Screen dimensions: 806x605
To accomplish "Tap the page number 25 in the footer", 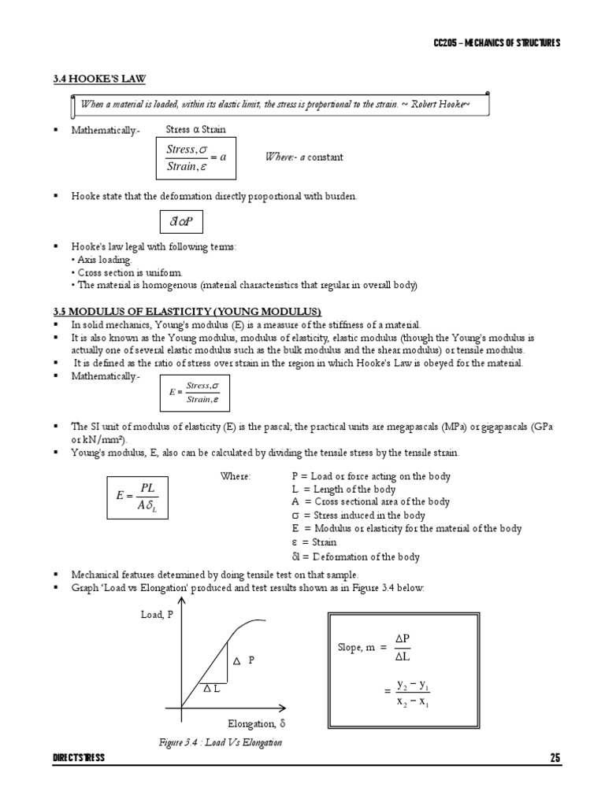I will [555, 758].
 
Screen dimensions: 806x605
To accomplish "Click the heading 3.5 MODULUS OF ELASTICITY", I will [186, 312].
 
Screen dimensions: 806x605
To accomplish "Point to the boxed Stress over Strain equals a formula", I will [196, 157].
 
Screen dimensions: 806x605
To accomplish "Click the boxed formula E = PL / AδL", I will [137, 497].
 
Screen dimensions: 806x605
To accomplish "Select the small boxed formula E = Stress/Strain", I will [194, 392].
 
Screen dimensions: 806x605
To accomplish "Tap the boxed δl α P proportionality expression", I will [180, 224].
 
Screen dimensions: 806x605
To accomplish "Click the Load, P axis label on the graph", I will [157, 616].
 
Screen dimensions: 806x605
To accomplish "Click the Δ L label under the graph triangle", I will [211, 688].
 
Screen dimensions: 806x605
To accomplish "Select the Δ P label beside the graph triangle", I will [243, 660].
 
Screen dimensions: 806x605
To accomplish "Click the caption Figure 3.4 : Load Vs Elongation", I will [220, 742].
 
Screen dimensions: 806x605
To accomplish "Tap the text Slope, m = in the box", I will [362, 647].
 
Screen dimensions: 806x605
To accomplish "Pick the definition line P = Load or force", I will [370, 476].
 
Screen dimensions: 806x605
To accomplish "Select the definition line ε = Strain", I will [314, 542].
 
